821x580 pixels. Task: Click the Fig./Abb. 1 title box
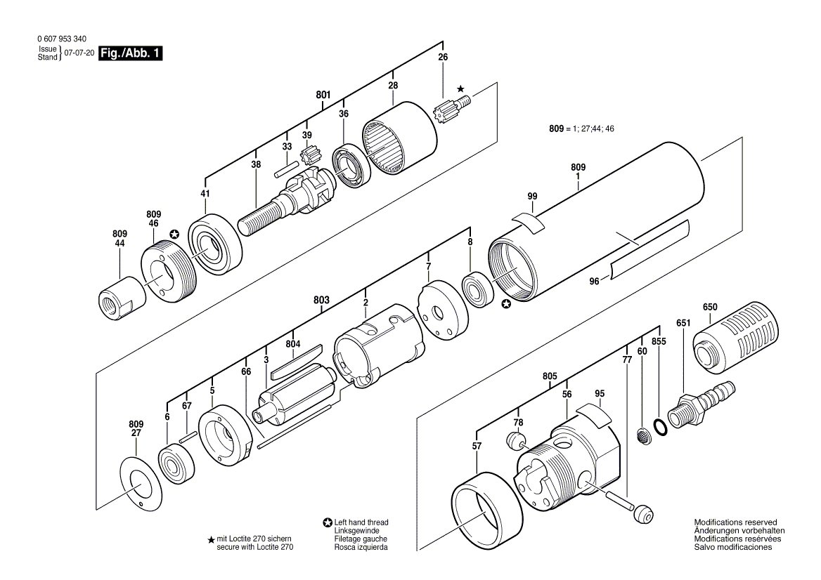coord(130,53)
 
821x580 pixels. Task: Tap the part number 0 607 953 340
coord(62,39)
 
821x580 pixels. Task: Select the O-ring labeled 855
coord(661,427)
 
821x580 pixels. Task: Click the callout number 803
coord(321,300)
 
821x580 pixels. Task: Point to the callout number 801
coord(323,95)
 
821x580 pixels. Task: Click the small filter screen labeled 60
coord(642,435)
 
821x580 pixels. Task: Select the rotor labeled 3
coord(296,397)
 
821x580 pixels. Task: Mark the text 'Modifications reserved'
coord(736,522)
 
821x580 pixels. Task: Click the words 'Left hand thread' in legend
coord(361,522)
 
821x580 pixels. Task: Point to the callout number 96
coord(594,282)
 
